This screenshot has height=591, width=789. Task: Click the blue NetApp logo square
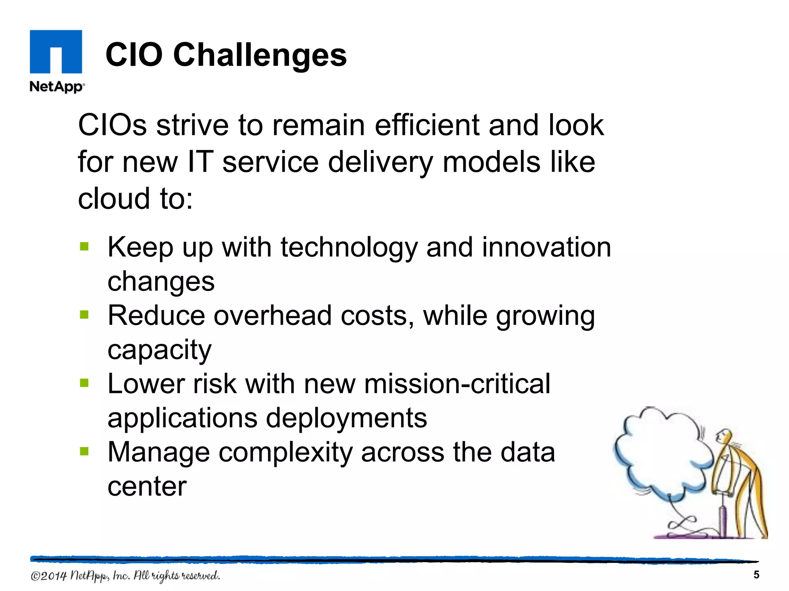pyautogui.click(x=56, y=52)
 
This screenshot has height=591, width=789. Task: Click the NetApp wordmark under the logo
pyautogui.click(x=57, y=87)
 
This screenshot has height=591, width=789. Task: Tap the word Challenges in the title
pyautogui.click(x=260, y=55)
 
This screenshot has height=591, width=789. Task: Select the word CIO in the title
pyautogui.click(x=134, y=55)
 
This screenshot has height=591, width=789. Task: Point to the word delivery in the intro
pyautogui.click(x=381, y=162)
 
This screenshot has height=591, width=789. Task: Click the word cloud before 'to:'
pyautogui.click(x=114, y=199)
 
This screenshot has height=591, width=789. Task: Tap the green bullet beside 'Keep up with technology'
pyautogui.click(x=84, y=246)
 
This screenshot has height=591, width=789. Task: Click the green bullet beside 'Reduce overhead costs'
pyautogui.click(x=84, y=315)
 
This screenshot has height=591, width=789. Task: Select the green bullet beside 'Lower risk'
pyautogui.click(x=84, y=383)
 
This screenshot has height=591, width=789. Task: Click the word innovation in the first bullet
pyautogui.click(x=546, y=247)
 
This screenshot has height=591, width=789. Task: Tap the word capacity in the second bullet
pyautogui.click(x=159, y=350)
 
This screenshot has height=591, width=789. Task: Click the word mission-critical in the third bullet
pyautogui.click(x=457, y=384)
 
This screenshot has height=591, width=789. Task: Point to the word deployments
pyautogui.click(x=346, y=418)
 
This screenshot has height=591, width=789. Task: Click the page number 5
pyautogui.click(x=756, y=575)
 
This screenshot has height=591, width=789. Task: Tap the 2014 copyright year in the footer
pyautogui.click(x=54, y=576)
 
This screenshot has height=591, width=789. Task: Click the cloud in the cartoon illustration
pyautogui.click(x=663, y=454)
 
